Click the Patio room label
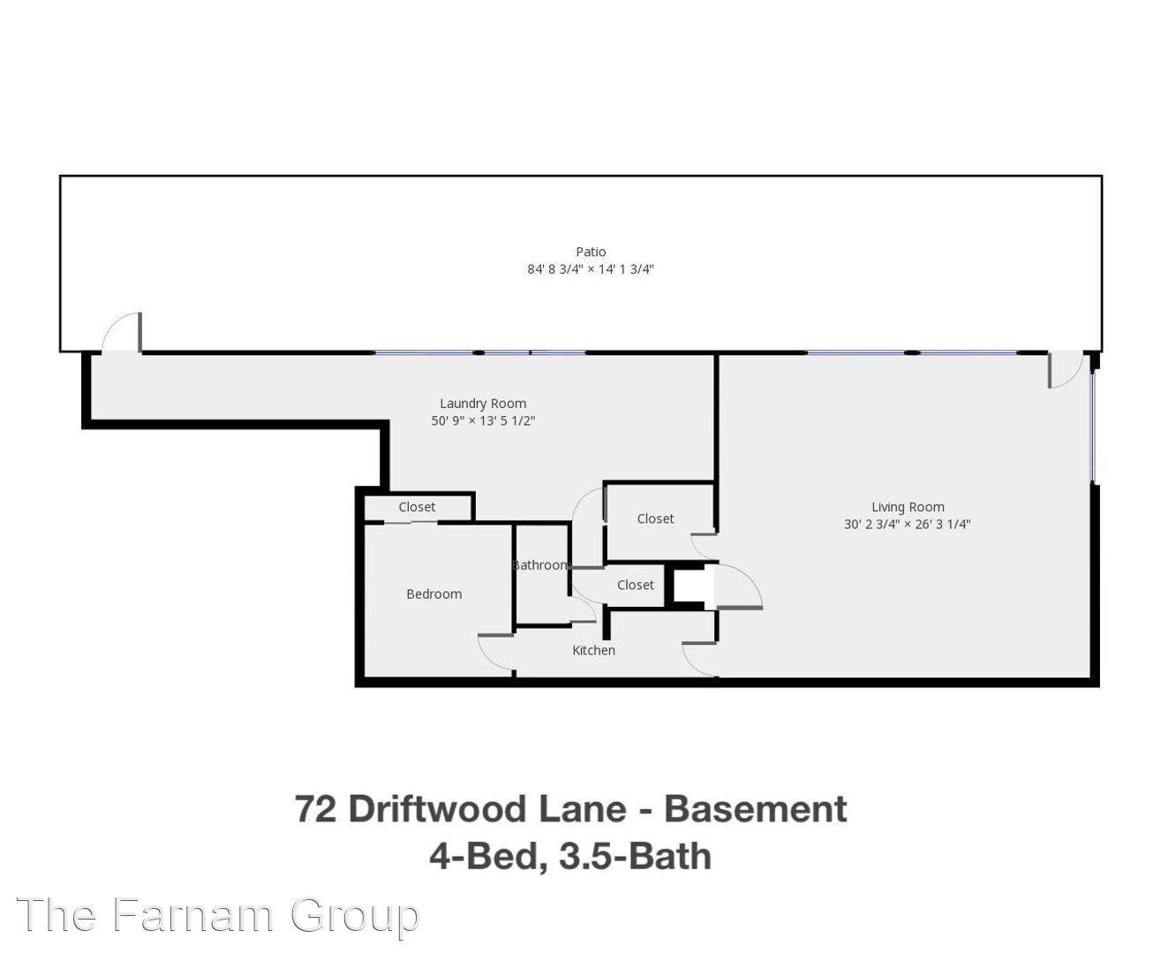pyautogui.click(x=590, y=252)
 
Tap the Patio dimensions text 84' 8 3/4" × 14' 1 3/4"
pyautogui.click(x=590, y=269)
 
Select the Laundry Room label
pyautogui.click(x=483, y=404)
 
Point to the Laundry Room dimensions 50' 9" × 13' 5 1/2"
pyautogui.click(x=483, y=420)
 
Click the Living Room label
pyautogui.click(x=908, y=507)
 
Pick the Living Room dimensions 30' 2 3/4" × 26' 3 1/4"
pyautogui.click(x=908, y=524)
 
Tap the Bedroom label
pyautogui.click(x=433, y=594)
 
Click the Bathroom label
pyautogui.click(x=539, y=565)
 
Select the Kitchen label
pyautogui.click(x=593, y=650)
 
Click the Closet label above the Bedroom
pyautogui.click(x=417, y=507)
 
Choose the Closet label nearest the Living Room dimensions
pyautogui.click(x=655, y=519)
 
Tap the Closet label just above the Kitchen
pyautogui.click(x=636, y=585)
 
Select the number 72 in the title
pyautogui.click(x=315, y=809)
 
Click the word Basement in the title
pyautogui.click(x=755, y=809)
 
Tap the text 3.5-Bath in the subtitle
pyautogui.click(x=636, y=857)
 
